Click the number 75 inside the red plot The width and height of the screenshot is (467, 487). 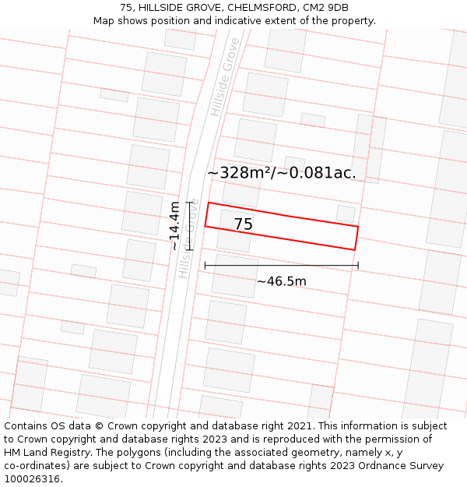tap(243, 224)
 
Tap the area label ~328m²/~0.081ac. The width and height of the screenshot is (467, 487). tap(281, 173)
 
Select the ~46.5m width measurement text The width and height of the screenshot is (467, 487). tap(282, 281)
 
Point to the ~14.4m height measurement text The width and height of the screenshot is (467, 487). tap(175, 225)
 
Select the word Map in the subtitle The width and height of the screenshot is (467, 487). tap(104, 20)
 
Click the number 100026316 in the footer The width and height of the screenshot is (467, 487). tap(31, 479)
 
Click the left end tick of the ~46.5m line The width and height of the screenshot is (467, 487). tap(205, 266)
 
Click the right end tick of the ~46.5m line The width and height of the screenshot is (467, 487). tap(358, 266)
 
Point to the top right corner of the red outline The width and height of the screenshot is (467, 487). tap(358, 227)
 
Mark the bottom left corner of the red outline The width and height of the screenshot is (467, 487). tap(205, 226)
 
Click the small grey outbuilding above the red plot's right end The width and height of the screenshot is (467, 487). tap(346, 213)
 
